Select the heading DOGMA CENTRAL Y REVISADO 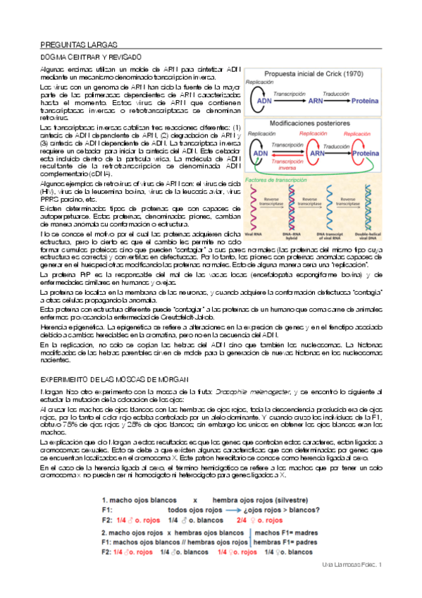(91, 56)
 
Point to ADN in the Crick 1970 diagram (263, 100)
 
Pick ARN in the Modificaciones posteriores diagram (317, 152)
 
